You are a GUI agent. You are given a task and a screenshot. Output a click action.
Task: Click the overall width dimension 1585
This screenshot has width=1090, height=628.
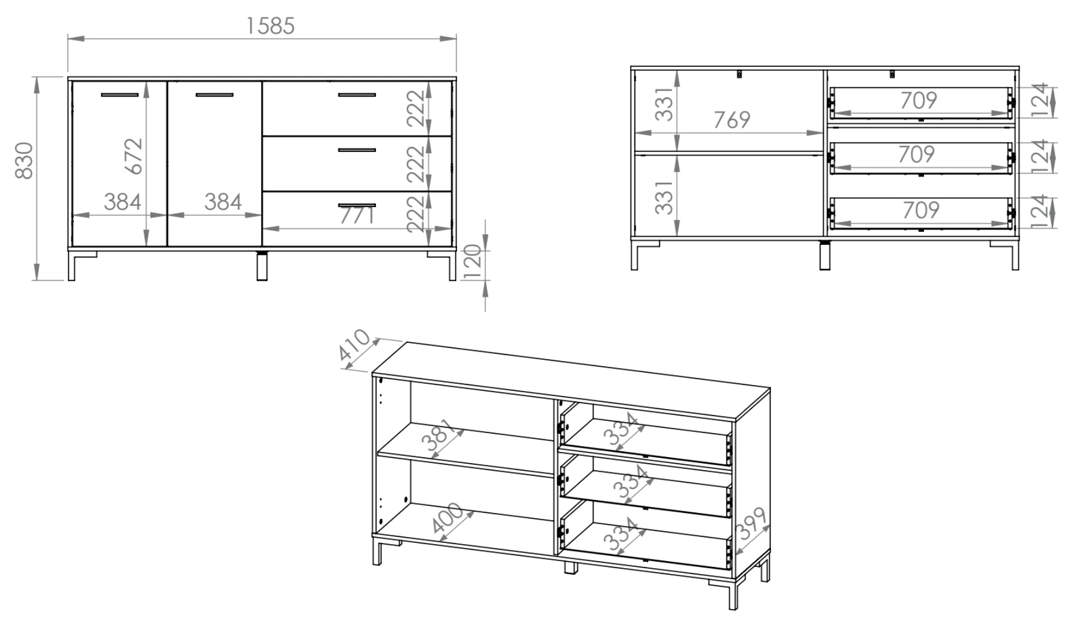click(270, 26)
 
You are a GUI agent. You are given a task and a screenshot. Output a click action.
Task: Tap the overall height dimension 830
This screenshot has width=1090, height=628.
click(24, 160)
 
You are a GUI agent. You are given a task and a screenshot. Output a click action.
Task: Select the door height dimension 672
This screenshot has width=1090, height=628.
click(134, 156)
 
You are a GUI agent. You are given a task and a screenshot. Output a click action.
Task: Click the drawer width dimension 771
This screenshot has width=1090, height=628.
click(357, 216)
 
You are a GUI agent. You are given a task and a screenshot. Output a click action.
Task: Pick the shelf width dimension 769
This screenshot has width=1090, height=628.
click(732, 120)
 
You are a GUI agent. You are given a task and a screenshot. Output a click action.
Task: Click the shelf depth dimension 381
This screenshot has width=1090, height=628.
click(439, 435)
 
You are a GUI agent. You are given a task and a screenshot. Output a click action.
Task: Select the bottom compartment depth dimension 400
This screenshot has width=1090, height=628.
click(447, 521)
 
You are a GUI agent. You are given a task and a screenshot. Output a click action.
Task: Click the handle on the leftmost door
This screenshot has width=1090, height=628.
click(120, 94)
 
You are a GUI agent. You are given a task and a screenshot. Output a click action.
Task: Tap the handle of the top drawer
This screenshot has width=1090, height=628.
click(357, 94)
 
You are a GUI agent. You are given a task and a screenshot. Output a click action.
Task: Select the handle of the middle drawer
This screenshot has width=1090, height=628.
click(357, 150)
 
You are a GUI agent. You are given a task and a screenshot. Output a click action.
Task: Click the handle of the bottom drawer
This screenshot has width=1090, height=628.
click(357, 205)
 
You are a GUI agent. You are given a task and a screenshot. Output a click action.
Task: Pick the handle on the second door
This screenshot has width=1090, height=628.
click(214, 94)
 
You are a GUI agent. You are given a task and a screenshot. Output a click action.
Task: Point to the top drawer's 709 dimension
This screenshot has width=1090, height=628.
click(919, 100)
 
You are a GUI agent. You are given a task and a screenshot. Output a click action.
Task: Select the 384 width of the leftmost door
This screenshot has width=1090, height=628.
click(123, 201)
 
